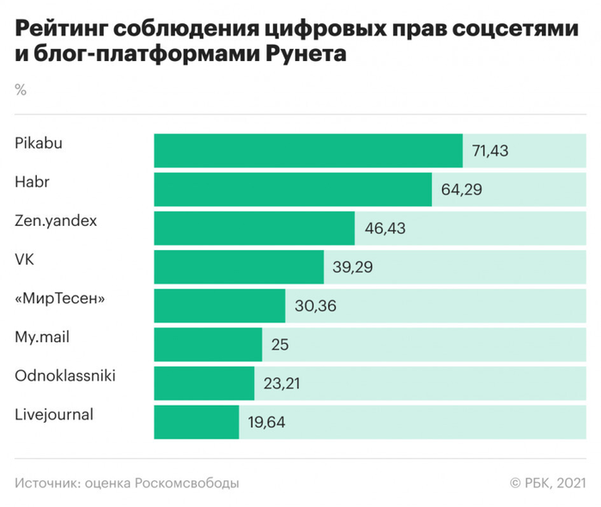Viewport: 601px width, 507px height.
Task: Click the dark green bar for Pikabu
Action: click(308, 150)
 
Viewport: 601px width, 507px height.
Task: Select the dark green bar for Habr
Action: click(293, 189)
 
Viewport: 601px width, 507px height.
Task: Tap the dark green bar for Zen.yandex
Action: click(254, 228)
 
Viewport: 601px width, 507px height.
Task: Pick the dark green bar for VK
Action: click(239, 267)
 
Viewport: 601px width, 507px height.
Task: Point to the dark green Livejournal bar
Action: click(197, 422)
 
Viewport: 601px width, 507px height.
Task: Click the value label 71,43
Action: click(490, 151)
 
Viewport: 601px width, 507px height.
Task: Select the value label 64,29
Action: click(459, 190)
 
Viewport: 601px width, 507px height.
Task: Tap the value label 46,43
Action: click(382, 229)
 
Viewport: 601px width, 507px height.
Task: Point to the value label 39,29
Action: click(351, 268)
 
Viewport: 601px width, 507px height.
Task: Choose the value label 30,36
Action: click(313, 307)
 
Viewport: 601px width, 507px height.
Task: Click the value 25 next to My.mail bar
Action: click(279, 345)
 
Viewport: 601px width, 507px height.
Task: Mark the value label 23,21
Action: click(282, 384)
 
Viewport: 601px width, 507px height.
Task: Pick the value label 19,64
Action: click(266, 423)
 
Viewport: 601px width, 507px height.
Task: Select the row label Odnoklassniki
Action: click(65, 376)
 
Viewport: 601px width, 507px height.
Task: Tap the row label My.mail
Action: click(42, 337)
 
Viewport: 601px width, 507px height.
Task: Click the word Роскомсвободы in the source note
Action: click(184, 483)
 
